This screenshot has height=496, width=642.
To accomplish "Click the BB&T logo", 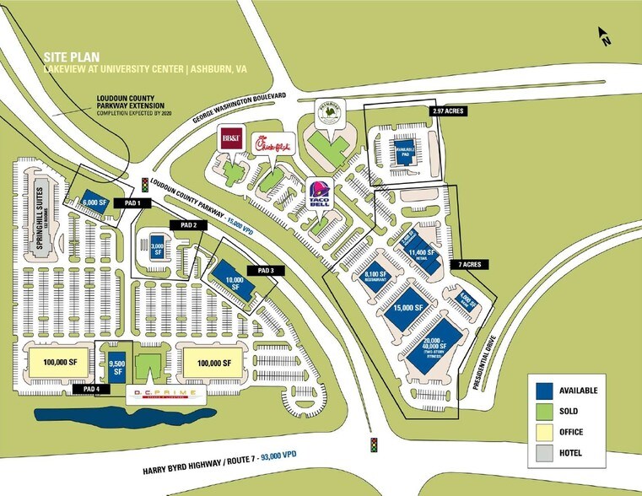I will (x=230, y=138).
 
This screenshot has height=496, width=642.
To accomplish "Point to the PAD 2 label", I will (x=188, y=225).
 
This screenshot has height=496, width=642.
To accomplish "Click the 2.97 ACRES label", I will (x=445, y=111).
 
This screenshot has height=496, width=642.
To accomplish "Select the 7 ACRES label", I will (x=471, y=264).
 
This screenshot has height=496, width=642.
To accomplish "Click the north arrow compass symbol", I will (x=603, y=35).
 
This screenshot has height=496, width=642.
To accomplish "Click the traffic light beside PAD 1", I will (x=145, y=183).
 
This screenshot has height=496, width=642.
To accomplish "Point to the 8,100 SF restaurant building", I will (x=375, y=278).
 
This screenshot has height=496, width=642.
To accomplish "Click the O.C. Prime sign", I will (x=165, y=395).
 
